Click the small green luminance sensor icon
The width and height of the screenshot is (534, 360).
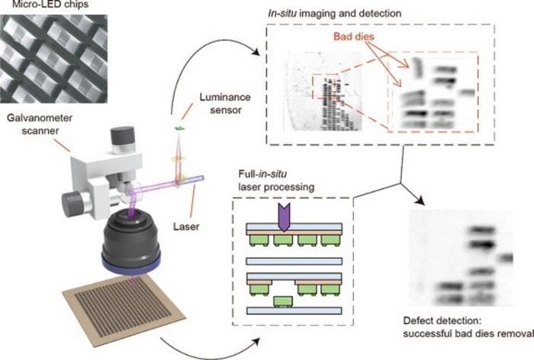point(182,128)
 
